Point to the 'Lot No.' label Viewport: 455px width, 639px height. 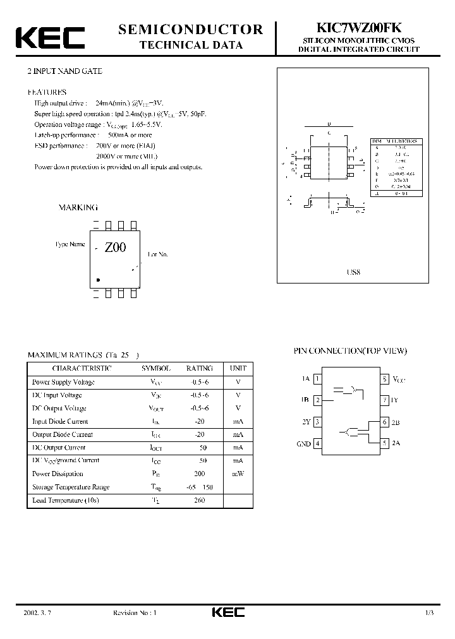[158, 254]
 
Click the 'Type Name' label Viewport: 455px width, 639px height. [70, 244]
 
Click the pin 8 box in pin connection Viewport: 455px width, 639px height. [384, 379]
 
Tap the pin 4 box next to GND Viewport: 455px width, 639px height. [317, 443]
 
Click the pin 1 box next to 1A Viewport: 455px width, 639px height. [317, 379]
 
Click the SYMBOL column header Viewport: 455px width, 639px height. [155, 368]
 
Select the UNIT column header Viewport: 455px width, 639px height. [238, 368]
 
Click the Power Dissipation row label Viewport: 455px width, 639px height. [58, 474]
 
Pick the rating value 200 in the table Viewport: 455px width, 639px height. [200, 474]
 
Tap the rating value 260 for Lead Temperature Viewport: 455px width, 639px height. [200, 500]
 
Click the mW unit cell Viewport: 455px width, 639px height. [238, 474]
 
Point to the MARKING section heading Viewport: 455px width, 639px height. [78, 207]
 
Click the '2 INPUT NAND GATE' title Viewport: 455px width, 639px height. [60, 71]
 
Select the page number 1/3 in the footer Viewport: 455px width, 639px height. [429, 612]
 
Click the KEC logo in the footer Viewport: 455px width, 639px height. [227, 612]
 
